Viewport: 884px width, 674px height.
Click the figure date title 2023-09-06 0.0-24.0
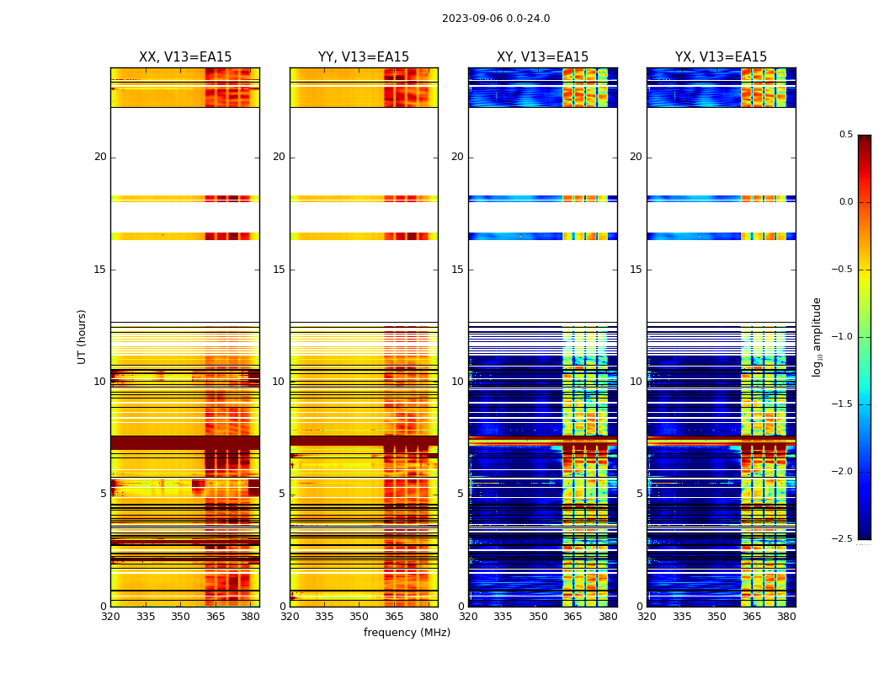click(x=495, y=19)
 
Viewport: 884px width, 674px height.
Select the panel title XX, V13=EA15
click(x=185, y=57)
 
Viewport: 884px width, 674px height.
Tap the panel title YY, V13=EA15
click(x=364, y=57)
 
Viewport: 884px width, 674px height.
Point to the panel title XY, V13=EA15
click(x=542, y=57)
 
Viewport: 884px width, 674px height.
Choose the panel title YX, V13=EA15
click(x=721, y=57)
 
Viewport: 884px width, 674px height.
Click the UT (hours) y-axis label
click(x=83, y=336)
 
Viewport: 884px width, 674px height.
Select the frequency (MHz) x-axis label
click(x=407, y=633)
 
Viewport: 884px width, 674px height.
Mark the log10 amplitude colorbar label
click(x=817, y=336)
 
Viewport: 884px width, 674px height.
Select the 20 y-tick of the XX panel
click(x=100, y=157)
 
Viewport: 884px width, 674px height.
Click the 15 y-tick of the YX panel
click(x=636, y=270)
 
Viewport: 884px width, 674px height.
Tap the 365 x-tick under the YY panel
click(x=394, y=616)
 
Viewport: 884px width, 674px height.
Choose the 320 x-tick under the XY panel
click(x=469, y=616)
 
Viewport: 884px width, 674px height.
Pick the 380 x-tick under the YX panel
click(x=786, y=616)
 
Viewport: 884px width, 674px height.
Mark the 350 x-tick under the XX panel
click(x=180, y=616)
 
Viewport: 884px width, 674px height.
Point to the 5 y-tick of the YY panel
click(x=282, y=494)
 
